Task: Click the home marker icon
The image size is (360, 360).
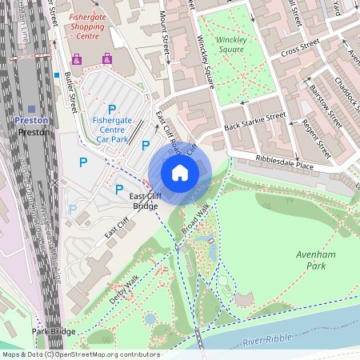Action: coord(180,172)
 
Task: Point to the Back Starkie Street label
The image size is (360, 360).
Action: coord(254,121)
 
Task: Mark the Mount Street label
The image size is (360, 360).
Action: coord(164,31)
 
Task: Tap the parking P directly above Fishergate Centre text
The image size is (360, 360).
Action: coord(112,109)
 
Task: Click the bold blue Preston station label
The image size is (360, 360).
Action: coord(32,121)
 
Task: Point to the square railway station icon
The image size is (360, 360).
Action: coord(32,108)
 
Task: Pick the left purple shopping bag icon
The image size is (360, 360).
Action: coord(77,59)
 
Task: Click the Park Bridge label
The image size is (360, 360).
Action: coord(54,330)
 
